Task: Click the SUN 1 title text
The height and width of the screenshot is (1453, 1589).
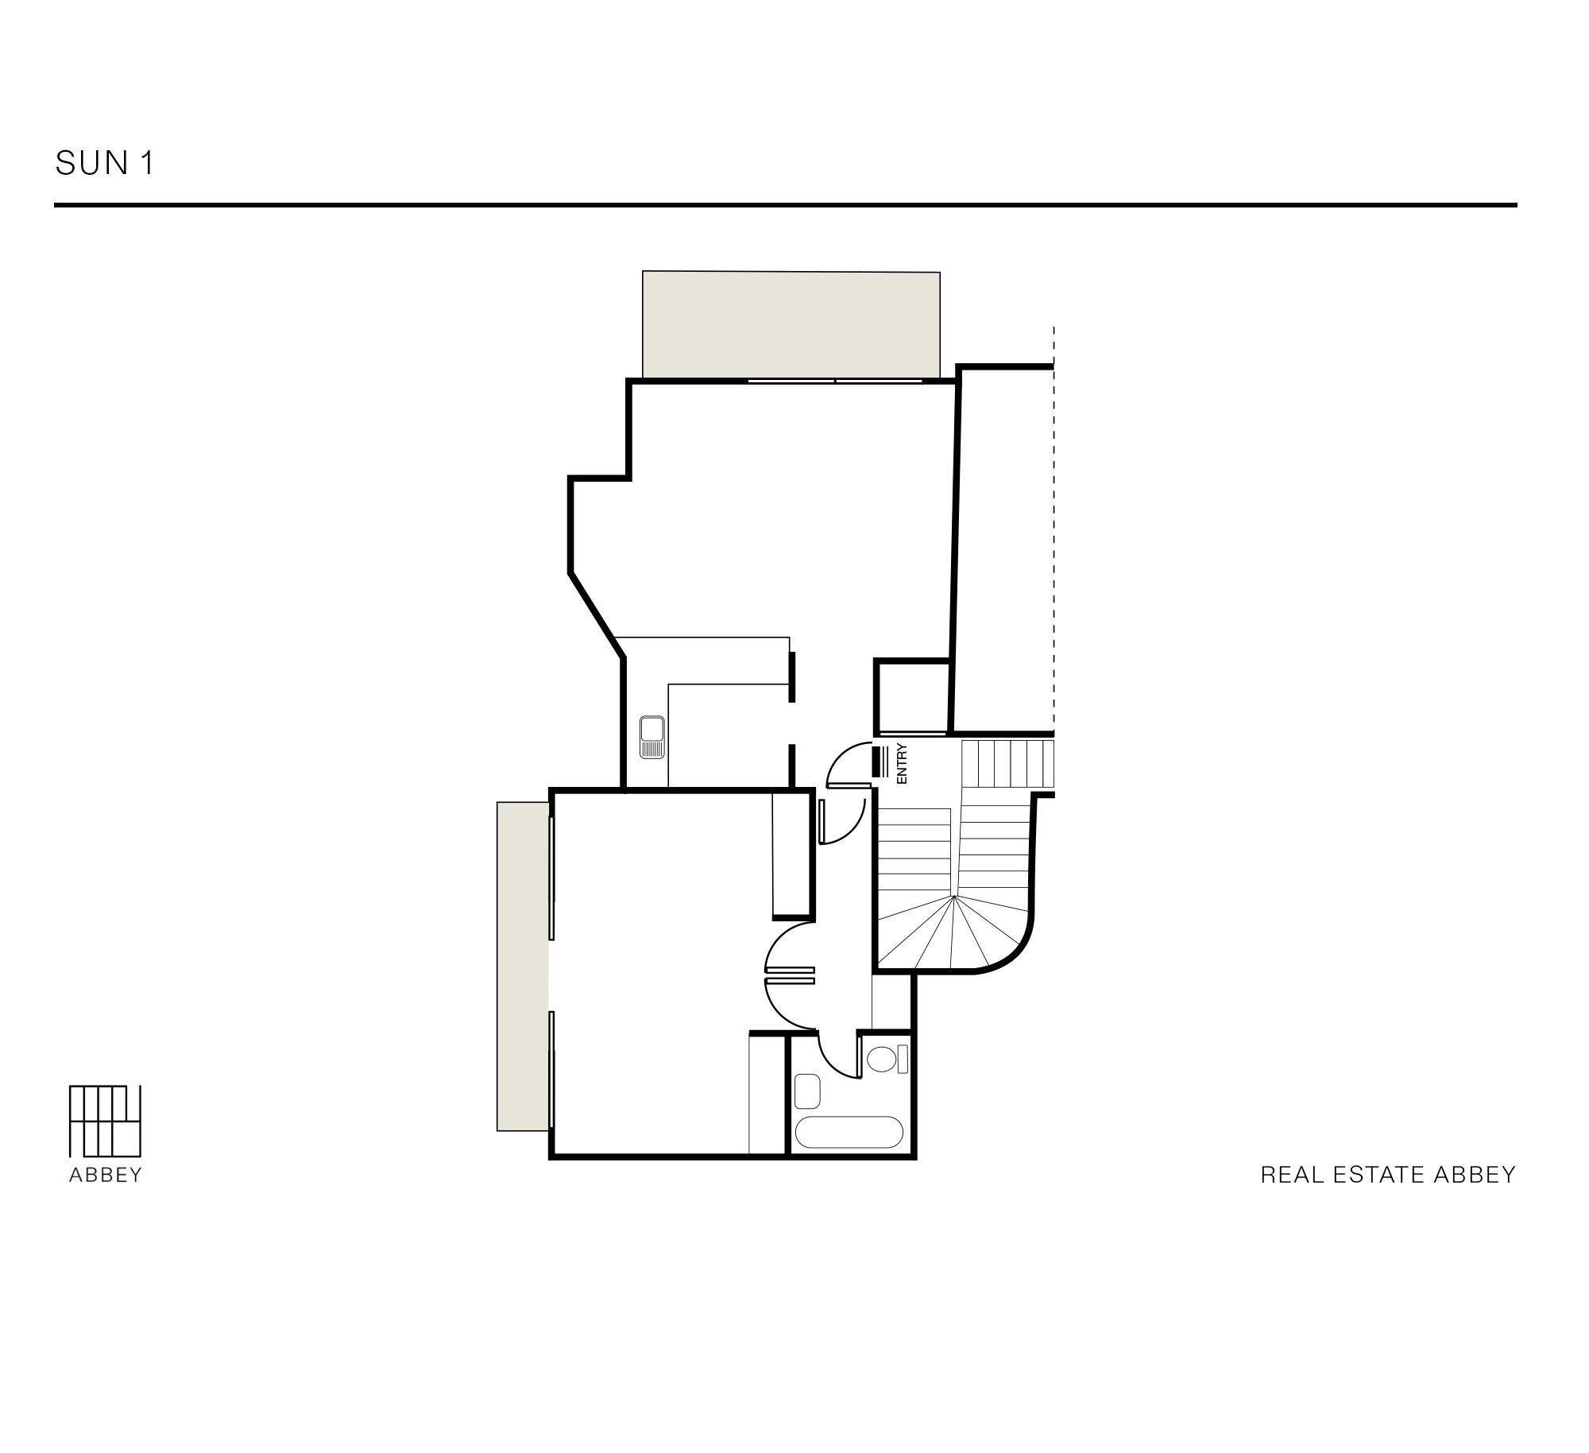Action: (x=104, y=163)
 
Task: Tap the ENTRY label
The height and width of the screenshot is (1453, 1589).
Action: (x=901, y=764)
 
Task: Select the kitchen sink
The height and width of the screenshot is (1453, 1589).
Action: (x=652, y=738)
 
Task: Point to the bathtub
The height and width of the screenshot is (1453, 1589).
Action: (x=849, y=1132)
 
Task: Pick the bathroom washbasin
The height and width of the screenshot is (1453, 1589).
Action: (x=807, y=1091)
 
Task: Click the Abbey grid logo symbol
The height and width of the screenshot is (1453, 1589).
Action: (x=105, y=1122)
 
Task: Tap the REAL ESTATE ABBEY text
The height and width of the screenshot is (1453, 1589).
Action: (x=1388, y=1175)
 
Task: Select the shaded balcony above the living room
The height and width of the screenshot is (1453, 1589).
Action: (x=791, y=325)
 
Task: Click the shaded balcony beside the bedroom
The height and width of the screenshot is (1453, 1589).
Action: (x=523, y=966)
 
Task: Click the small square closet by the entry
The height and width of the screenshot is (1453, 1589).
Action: (x=913, y=696)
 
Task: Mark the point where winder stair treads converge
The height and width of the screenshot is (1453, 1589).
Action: (x=953, y=896)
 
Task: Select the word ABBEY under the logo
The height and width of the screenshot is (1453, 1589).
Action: (x=105, y=1176)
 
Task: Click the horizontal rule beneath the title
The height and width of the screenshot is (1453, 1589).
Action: (x=785, y=205)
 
